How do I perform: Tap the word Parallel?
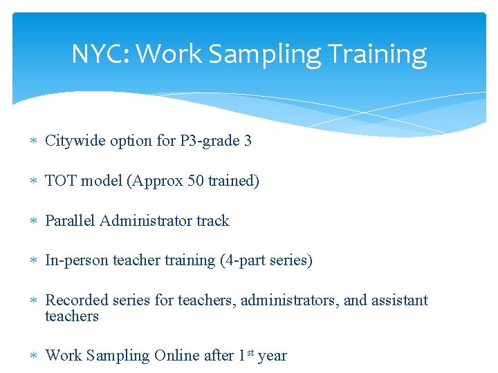(70, 221)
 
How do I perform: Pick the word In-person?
(76, 260)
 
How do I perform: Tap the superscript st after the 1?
(250, 352)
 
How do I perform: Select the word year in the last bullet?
(272, 356)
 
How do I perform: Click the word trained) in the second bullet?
(233, 181)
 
